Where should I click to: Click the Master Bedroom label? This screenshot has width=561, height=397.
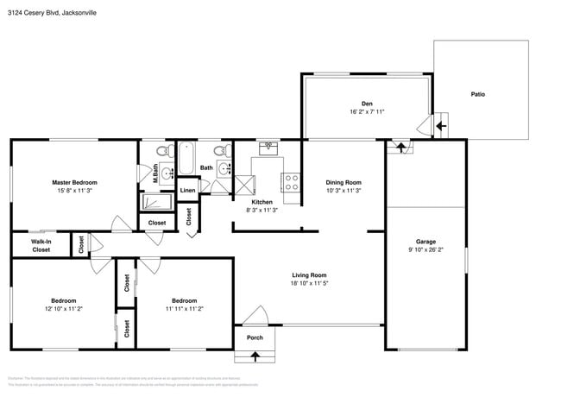74,182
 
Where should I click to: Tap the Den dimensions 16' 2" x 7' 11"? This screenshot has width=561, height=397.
367,111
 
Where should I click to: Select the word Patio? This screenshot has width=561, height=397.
477,94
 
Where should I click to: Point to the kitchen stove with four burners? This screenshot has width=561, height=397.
292,182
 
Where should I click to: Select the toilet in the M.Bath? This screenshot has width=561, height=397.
148,153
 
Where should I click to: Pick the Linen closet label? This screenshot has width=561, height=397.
187,190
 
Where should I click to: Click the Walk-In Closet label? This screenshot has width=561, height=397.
41,246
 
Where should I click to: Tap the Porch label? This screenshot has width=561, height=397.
255,337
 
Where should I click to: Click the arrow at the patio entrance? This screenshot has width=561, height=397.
440,126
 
